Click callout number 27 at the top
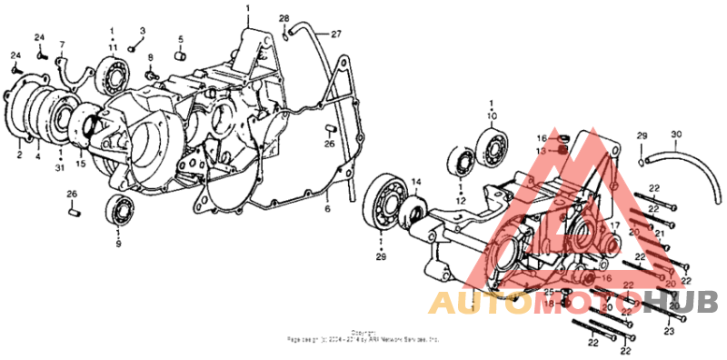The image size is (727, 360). coord(335,35)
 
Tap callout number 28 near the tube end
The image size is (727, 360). coord(284,18)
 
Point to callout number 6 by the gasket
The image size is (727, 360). coord(326,208)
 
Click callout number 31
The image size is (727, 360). coord(60,166)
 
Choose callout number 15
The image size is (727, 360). coord(81,165)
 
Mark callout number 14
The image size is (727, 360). coord(415,182)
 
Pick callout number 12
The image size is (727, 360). coord(461,200)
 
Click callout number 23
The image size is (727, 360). coord(669,332)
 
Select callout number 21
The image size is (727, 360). coord(661,234)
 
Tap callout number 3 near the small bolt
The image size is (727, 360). coord(142,30)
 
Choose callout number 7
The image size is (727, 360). coord(63,44)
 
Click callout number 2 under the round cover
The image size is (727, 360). coord(18,155)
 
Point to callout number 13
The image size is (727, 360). coord(539,150)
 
